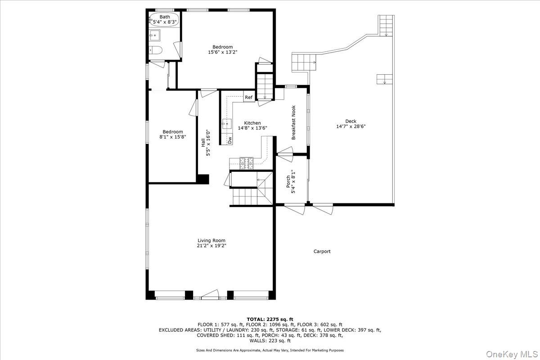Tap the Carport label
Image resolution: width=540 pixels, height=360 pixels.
tap(322, 252)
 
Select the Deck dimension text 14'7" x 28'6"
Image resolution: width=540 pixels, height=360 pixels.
tap(351, 126)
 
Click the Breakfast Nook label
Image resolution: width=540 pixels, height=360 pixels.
tap(293, 122)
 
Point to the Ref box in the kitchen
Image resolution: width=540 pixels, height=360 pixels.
tap(249, 97)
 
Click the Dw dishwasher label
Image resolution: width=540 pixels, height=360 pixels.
tap(229, 140)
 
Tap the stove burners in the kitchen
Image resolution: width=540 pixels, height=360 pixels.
tap(247, 162)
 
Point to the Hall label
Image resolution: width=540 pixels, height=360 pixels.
tap(203, 142)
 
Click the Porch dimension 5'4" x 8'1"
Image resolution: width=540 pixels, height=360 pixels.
tap(293, 182)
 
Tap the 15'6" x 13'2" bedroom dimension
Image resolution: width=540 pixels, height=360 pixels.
tap(222, 52)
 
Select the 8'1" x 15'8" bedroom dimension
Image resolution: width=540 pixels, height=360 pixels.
tap(173, 137)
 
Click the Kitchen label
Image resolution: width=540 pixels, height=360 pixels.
tap(252, 123)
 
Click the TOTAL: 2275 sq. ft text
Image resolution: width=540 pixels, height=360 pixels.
tap(270, 319)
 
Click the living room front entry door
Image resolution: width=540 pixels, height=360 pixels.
tap(209, 296)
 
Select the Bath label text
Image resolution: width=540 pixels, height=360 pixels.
tap(165, 17)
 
